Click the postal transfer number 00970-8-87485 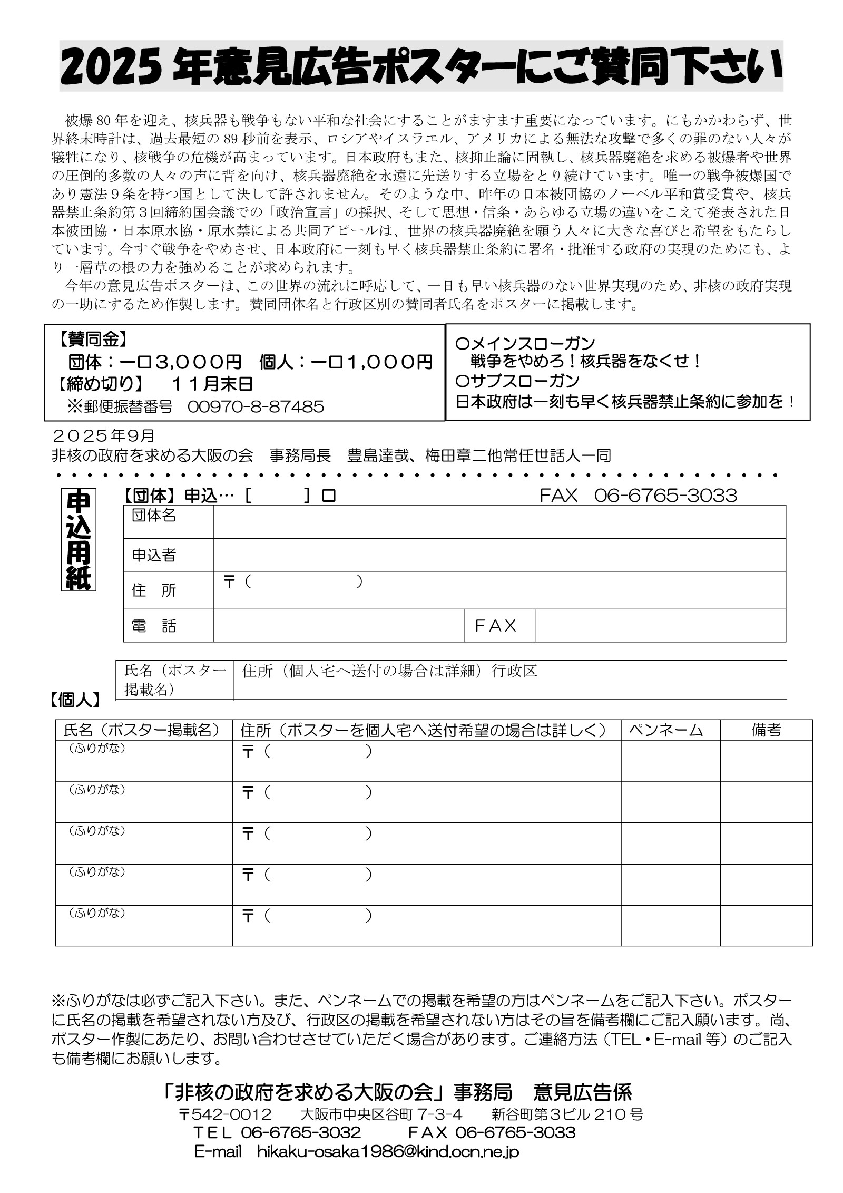[256, 406]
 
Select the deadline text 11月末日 [212, 384]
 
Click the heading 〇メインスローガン [525, 344]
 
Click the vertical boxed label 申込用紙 [78, 540]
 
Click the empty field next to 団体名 [499, 522]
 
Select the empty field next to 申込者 [499, 555]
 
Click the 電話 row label [154, 626]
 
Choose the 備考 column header [766, 730]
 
